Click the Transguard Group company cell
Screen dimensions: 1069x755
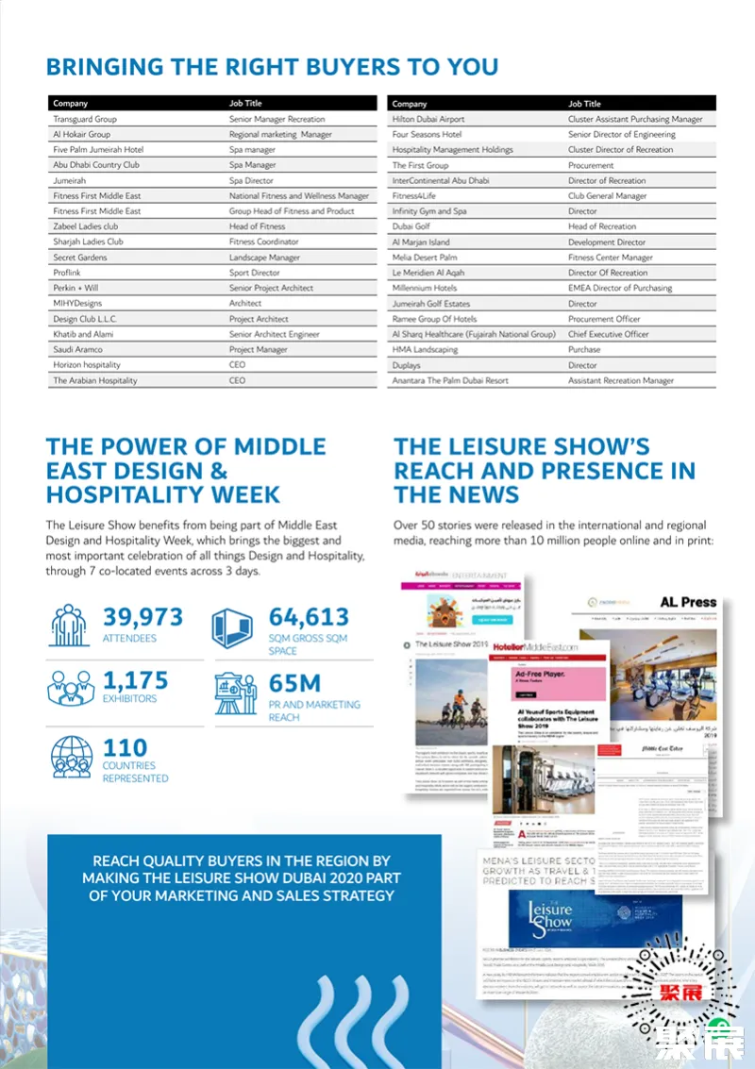tap(85, 120)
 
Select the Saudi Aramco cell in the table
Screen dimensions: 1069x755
tap(78, 350)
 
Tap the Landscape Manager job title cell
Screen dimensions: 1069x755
tap(264, 258)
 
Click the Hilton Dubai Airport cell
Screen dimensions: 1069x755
tap(428, 120)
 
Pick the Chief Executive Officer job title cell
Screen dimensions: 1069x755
tap(609, 334)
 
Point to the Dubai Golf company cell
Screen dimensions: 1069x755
tap(411, 226)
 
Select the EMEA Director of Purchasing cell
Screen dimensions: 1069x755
tap(620, 288)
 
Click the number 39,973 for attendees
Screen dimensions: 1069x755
tap(143, 618)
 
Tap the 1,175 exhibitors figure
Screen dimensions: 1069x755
tap(136, 680)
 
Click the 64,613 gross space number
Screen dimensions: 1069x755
tap(309, 618)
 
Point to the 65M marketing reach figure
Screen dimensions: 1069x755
tap(295, 683)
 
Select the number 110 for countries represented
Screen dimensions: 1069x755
tap(125, 746)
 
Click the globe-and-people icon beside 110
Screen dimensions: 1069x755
tap(71, 757)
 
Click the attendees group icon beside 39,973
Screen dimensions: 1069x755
tap(71, 626)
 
